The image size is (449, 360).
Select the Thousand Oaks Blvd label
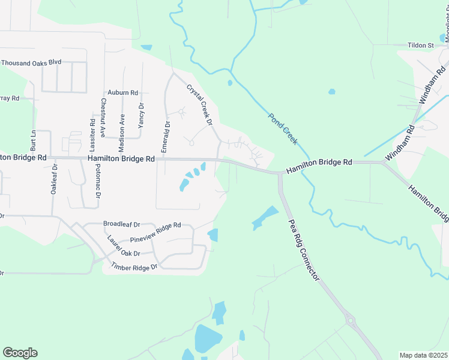31,62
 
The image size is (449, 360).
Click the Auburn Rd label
122,93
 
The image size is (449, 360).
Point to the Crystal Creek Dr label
200,104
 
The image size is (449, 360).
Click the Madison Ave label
122,132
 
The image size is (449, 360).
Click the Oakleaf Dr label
53,180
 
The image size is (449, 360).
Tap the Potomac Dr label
97,183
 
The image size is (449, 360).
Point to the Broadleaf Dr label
122,224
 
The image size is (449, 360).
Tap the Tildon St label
421,45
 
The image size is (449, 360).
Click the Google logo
20,353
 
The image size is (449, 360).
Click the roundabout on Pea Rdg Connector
351,320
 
